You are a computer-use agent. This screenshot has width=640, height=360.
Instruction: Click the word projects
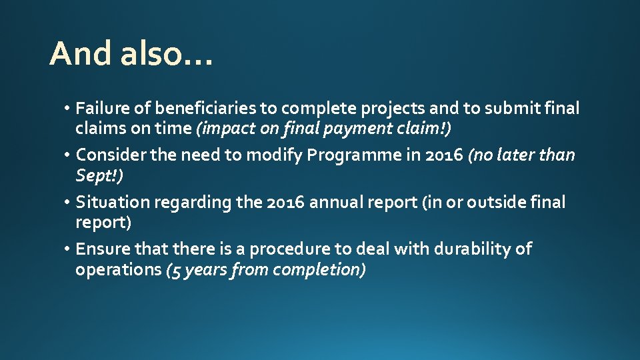pos(385,109)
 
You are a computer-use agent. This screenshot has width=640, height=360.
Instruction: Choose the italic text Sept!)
pos(99,175)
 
